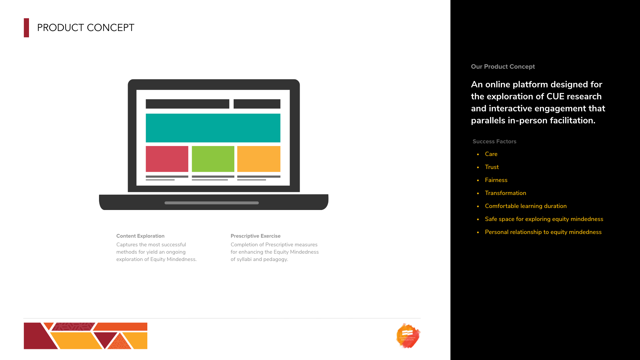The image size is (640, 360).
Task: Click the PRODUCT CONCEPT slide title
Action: pyautogui.click(x=86, y=28)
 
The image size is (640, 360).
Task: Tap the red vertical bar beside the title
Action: pyautogui.click(x=26, y=28)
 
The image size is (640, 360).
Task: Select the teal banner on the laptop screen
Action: pyautogui.click(x=213, y=128)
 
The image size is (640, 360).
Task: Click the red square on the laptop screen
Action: pyautogui.click(x=167, y=159)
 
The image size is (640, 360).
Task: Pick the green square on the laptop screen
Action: pyautogui.click(x=213, y=159)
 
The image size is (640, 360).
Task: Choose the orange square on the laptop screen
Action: pyautogui.click(x=259, y=159)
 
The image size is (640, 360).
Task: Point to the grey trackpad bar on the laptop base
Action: pyautogui.click(x=212, y=203)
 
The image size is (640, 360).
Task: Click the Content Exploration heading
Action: pyautogui.click(x=140, y=236)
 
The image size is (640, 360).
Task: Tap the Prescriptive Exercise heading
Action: pyautogui.click(x=256, y=236)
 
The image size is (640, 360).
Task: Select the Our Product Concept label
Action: pyautogui.click(x=503, y=67)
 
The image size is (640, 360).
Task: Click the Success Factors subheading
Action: pyautogui.click(x=494, y=141)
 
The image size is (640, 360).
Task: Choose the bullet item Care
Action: pyautogui.click(x=491, y=154)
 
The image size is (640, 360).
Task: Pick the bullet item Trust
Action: pyautogui.click(x=492, y=167)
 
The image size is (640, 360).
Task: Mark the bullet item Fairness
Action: pyautogui.click(x=496, y=180)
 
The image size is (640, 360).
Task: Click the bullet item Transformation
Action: pyautogui.click(x=505, y=193)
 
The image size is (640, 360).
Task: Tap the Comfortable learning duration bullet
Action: pyautogui.click(x=526, y=206)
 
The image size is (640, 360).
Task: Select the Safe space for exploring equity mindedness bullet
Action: pyautogui.click(x=544, y=219)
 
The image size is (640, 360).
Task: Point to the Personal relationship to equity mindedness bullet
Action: pyautogui.click(x=543, y=232)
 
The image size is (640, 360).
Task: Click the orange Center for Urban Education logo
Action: pyautogui.click(x=408, y=336)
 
